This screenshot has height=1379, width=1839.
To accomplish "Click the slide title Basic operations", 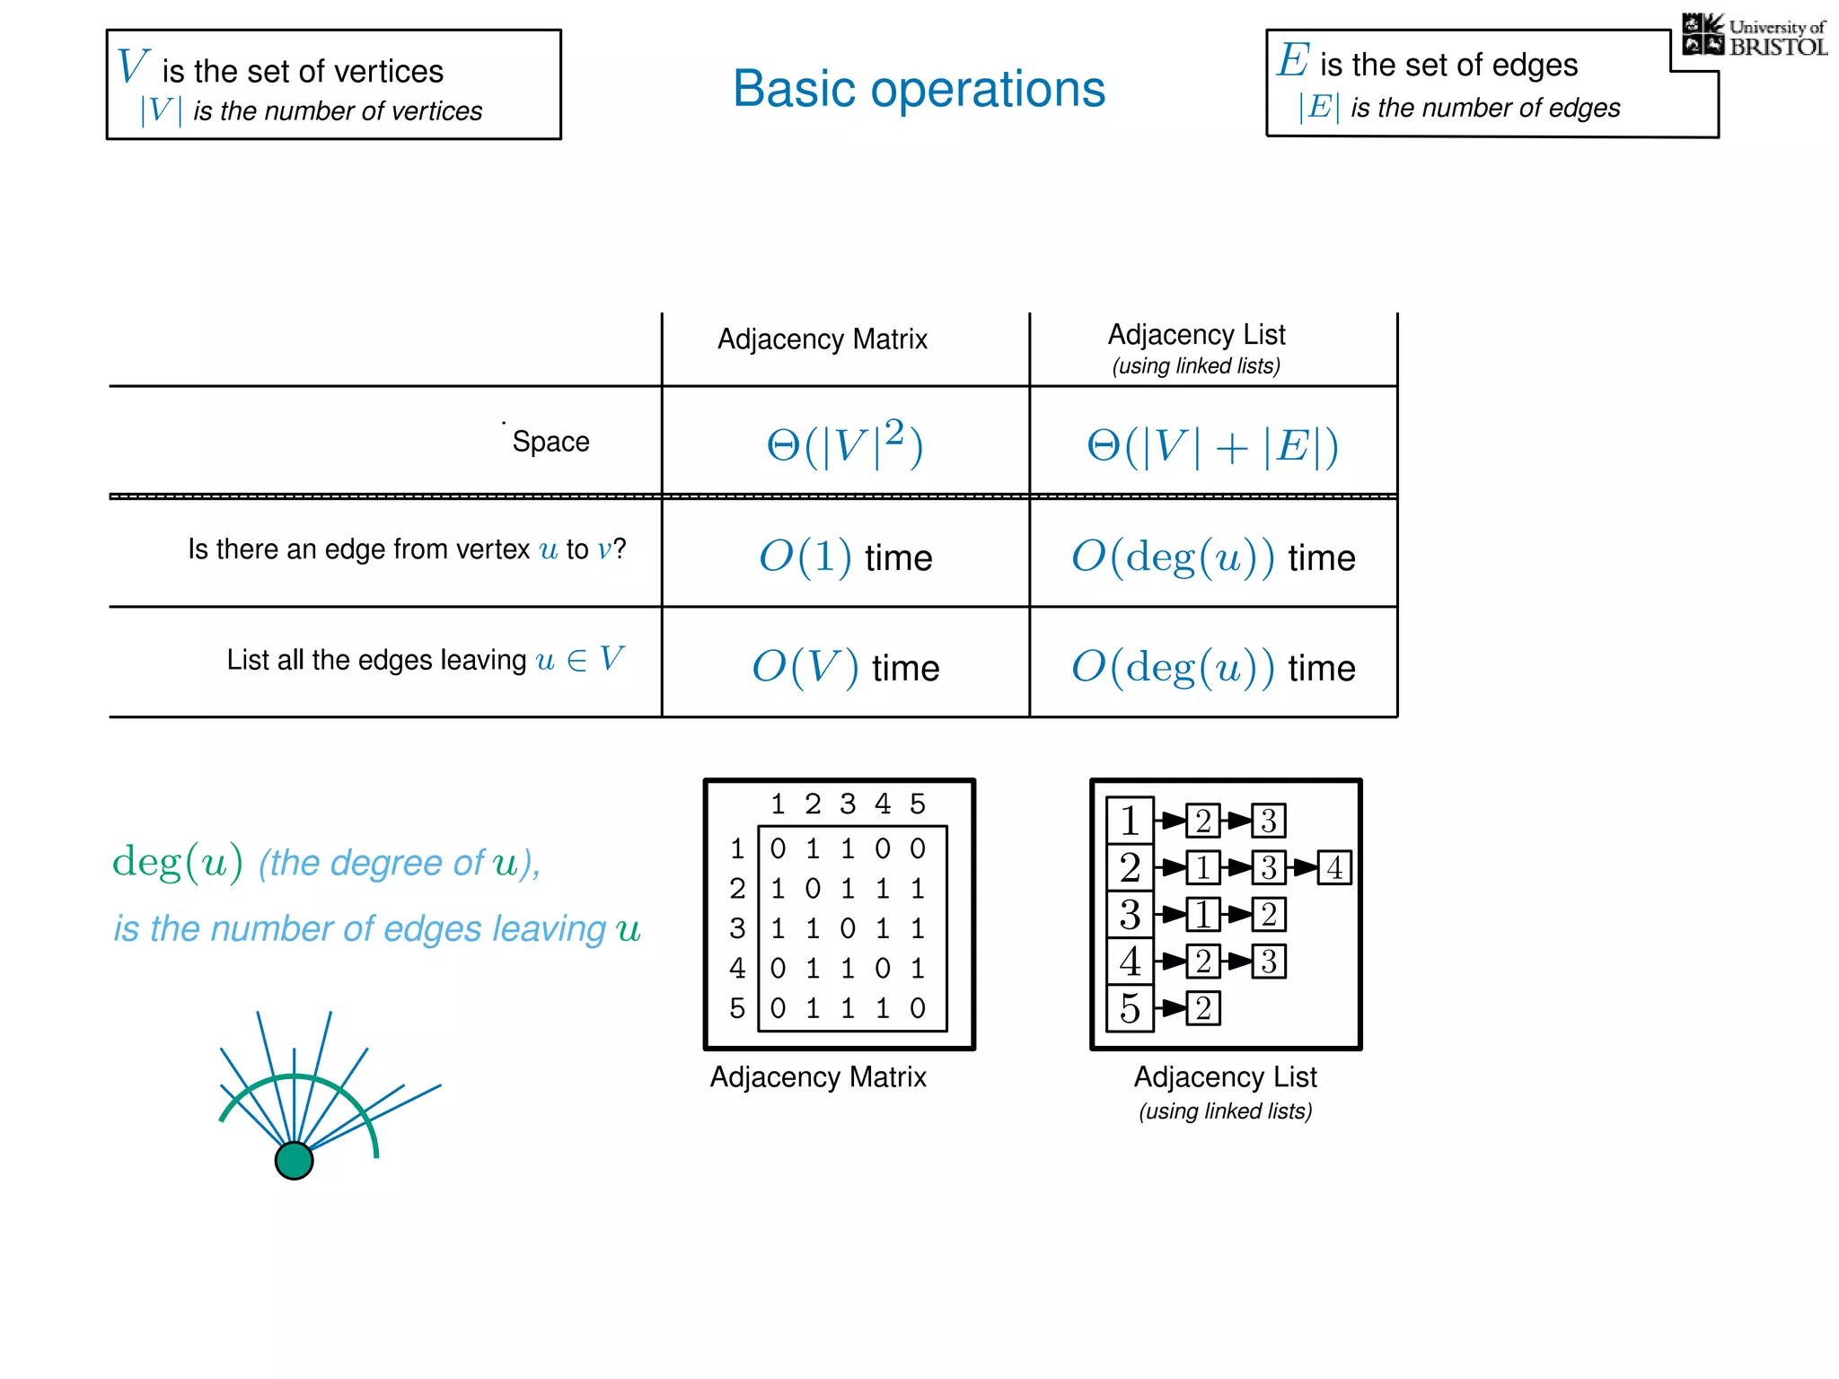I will tap(919, 89).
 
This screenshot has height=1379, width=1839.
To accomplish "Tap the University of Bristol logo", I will tap(1754, 36).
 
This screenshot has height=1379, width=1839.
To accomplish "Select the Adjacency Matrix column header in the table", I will tap(822, 339).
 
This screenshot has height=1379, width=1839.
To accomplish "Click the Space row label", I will tap(550, 442).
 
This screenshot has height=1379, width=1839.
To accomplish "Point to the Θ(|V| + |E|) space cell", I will tap(1212, 445).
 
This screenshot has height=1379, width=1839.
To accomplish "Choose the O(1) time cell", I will tap(845, 557).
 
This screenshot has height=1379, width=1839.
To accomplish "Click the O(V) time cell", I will tap(845, 667).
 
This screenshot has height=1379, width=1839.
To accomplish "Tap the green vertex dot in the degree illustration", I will tap(294, 1160).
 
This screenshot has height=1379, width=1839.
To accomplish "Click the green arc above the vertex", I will tap(296, 1078).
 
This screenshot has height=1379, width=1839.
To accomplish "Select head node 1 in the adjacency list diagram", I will tap(1130, 821).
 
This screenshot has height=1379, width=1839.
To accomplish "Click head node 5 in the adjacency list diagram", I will tap(1130, 1008).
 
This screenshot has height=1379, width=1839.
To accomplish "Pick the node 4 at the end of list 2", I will tap(1334, 867).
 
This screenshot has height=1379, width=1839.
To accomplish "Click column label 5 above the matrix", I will tap(917, 804).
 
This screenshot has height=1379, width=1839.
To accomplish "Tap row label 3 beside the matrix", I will tap(737, 928).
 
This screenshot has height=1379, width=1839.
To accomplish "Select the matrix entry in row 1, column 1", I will tap(778, 848).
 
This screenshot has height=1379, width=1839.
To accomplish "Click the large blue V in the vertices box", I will tap(133, 66).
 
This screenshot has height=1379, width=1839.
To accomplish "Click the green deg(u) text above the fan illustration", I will tap(177, 862).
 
